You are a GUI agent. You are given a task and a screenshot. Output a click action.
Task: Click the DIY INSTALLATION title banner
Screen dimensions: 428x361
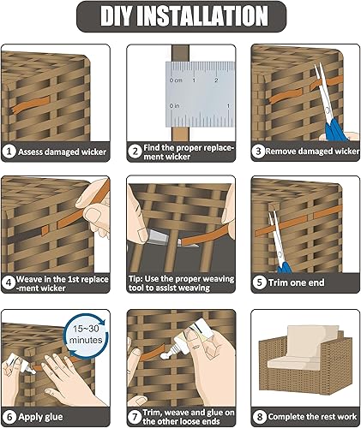tap(180, 16)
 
